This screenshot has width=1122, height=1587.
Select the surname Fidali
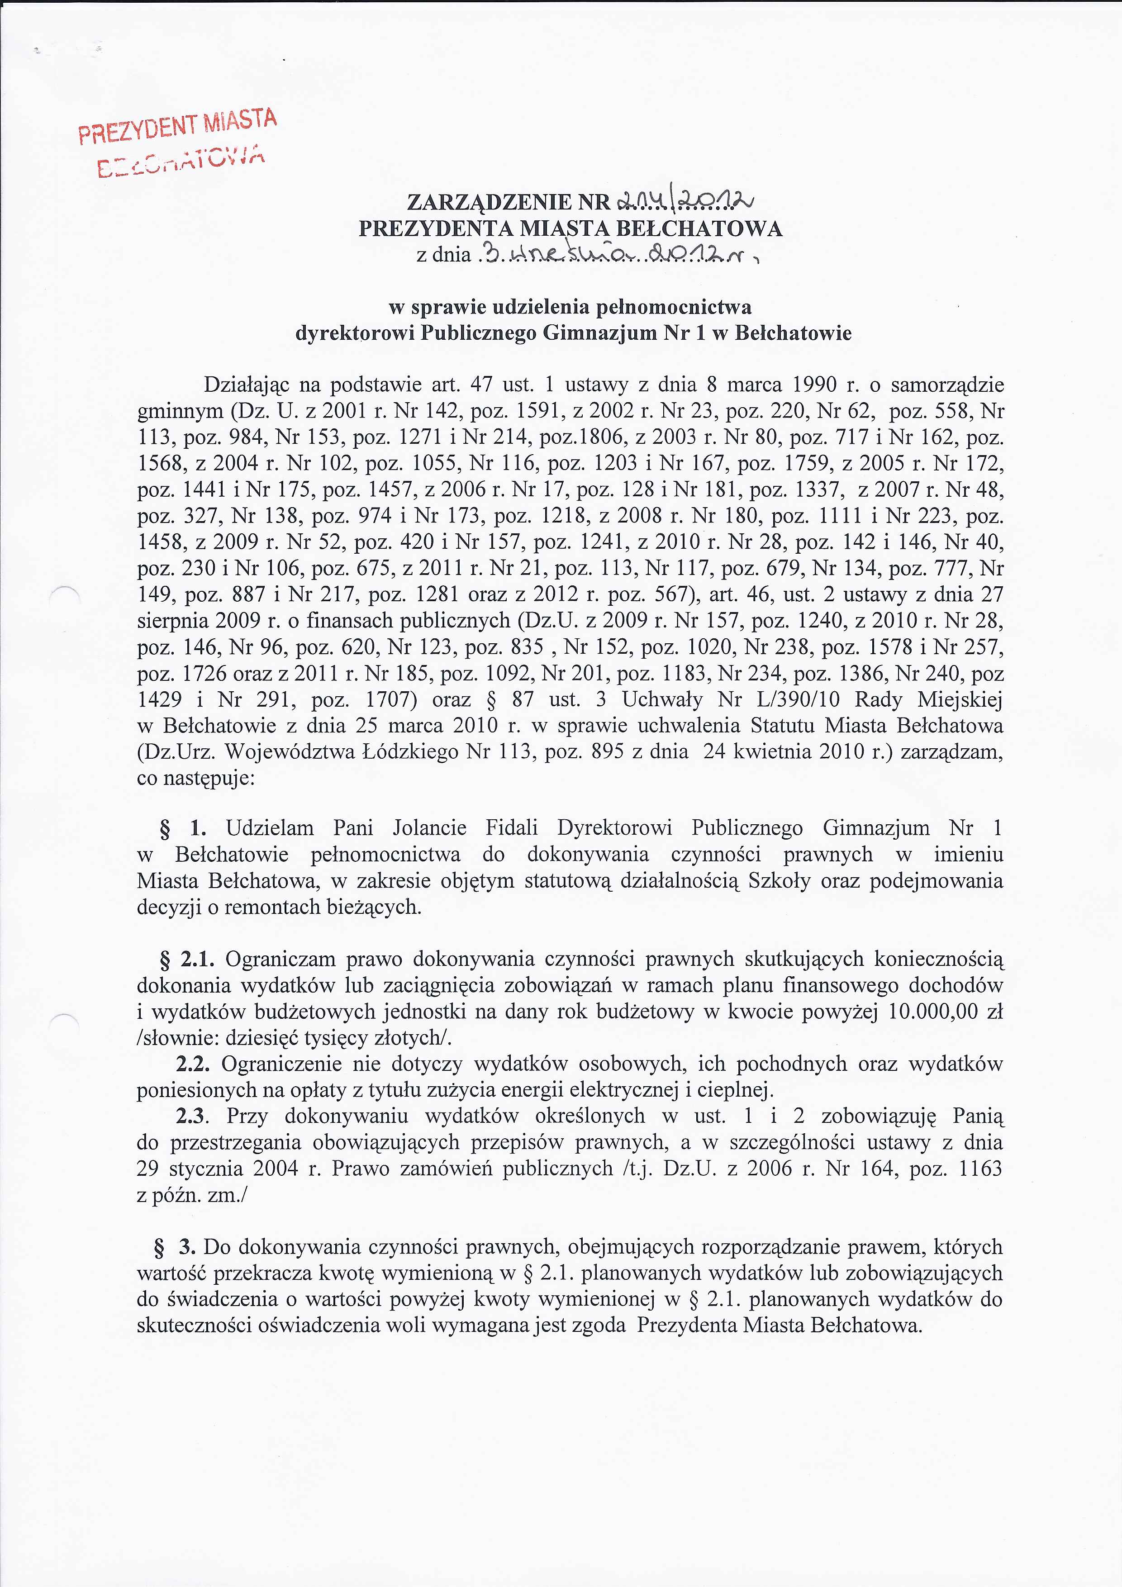click(x=512, y=828)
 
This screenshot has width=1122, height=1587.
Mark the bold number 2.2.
click(x=194, y=1064)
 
